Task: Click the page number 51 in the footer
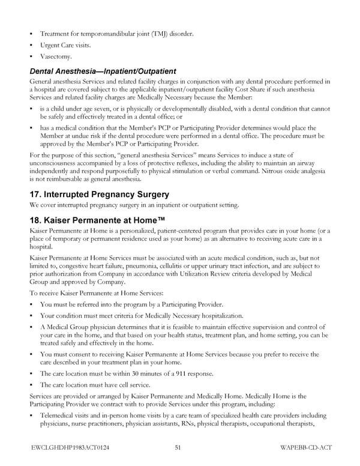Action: click(178, 447)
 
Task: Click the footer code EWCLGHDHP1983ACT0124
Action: click(71, 447)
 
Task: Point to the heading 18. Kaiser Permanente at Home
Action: click(101, 220)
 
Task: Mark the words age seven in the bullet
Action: click(102, 109)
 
